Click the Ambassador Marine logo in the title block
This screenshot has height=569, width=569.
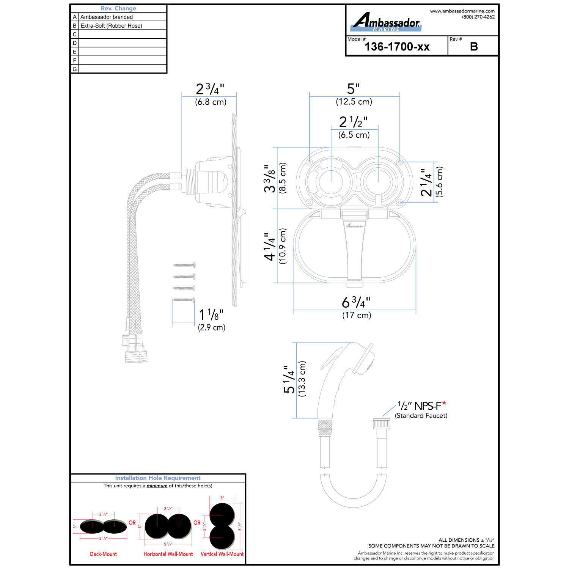coord(385,22)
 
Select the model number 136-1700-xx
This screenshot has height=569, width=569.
coord(397,47)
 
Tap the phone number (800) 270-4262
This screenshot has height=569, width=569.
coord(478,17)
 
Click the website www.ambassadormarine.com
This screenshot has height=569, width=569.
coord(462,11)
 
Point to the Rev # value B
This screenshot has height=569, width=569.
coord(474,47)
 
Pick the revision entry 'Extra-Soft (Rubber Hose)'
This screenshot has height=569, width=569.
coord(111,26)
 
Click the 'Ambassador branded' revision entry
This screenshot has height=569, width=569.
coord(107,17)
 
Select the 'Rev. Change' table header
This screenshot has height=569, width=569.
coord(118,8)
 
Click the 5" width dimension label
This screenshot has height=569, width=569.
coord(354,89)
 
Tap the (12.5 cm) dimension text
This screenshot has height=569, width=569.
coord(354,102)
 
